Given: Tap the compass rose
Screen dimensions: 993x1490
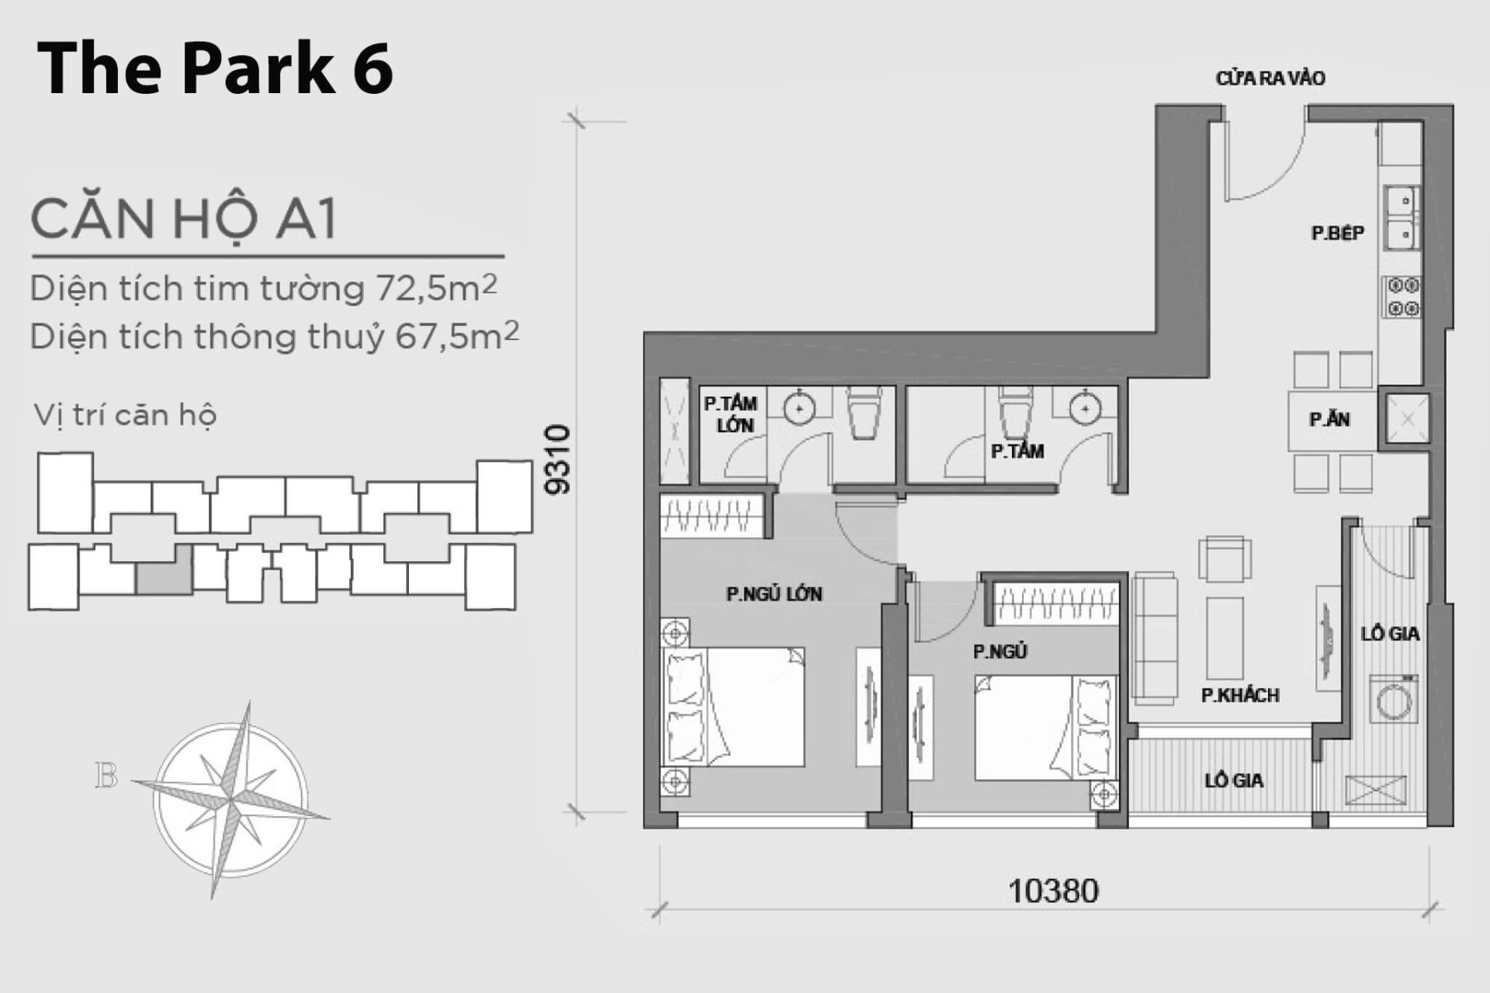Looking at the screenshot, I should pos(230,799).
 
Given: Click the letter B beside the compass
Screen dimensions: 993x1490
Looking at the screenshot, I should pos(106,776).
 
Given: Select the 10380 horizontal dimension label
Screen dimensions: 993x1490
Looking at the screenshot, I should pos(1053,891).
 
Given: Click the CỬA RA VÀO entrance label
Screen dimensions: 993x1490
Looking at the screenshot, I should pos(1270,78).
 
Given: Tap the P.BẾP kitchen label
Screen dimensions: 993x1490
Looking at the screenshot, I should pos(1337,233).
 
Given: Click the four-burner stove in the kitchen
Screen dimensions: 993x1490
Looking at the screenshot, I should pos(1403,297).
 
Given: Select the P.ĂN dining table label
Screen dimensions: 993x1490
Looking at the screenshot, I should pos(1329,420).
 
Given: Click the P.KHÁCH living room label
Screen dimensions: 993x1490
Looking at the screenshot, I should pos(1240,695).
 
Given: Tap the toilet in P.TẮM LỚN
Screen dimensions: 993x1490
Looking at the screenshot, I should pos(864,415).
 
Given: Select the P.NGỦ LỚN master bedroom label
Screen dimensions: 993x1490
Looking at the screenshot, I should pos(774,594).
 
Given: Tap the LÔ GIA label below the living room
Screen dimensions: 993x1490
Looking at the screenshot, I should pos(1234,780).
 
